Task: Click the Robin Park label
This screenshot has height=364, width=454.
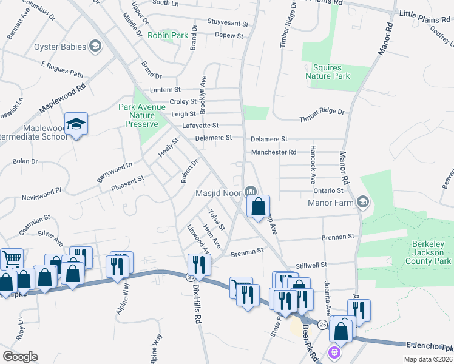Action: (168, 36)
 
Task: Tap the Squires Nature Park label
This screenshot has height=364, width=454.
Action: (328, 72)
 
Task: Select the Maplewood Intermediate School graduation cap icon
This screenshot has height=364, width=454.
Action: (76, 124)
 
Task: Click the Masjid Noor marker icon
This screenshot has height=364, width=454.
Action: (251, 193)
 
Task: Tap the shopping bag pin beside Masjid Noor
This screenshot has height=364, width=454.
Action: (259, 206)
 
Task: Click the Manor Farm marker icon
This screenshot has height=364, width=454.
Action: (362, 202)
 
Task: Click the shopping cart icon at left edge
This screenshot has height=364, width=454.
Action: (11, 260)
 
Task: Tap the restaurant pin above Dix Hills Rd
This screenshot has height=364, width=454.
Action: (199, 265)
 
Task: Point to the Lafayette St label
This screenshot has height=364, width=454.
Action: (200, 126)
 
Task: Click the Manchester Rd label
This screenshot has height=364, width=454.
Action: (274, 152)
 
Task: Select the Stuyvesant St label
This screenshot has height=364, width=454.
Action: (228, 24)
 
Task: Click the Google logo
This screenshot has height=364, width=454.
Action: (20, 356)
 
